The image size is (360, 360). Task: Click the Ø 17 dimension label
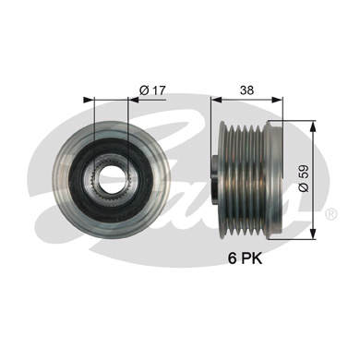pyautogui.click(x=152, y=90)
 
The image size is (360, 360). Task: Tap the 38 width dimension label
pyautogui.click(x=247, y=90)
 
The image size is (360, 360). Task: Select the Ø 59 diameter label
pyautogui.click(x=304, y=178)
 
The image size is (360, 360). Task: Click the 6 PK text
pyautogui.click(x=245, y=258)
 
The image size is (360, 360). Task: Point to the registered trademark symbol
pyautogui.click(x=330, y=214)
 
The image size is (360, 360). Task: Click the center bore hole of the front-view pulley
pyautogui.click(x=111, y=177)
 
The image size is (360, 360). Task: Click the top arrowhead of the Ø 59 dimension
pyautogui.click(x=313, y=126)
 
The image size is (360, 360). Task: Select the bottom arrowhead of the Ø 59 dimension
pyautogui.click(x=313, y=233)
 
